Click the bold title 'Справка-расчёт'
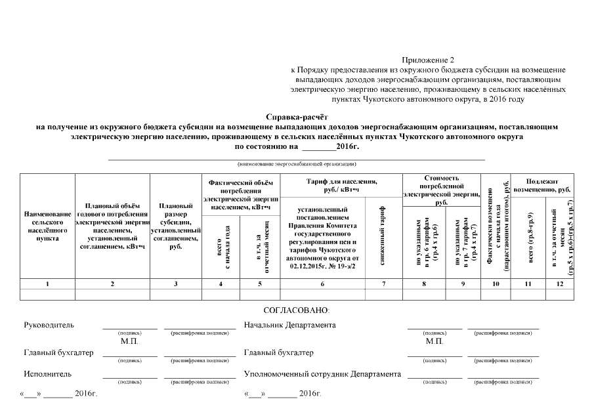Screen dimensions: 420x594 (x=297, y=115)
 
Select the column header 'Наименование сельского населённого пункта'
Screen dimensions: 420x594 (x=47, y=226)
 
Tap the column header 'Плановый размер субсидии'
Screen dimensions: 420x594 (x=175, y=226)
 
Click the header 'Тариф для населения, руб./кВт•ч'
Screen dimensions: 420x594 (x=341, y=185)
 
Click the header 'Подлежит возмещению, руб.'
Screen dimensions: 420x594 (x=543, y=185)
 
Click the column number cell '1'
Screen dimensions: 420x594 (x=47, y=283)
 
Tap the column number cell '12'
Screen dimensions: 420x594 (x=559, y=283)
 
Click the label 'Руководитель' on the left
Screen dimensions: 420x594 (x=49, y=325)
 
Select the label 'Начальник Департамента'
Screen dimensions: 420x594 (x=289, y=325)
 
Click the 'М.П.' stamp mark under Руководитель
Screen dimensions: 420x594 (x=129, y=342)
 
